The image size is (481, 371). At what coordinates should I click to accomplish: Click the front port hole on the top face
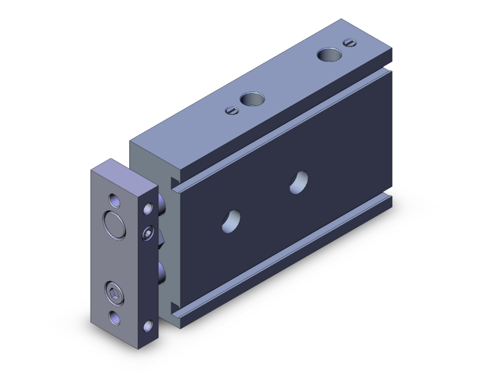point(252,100)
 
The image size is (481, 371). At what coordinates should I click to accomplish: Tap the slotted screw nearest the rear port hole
point(350,43)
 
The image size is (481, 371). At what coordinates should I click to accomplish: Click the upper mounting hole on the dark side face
point(299,181)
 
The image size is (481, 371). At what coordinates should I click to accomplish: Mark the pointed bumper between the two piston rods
point(162,240)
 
